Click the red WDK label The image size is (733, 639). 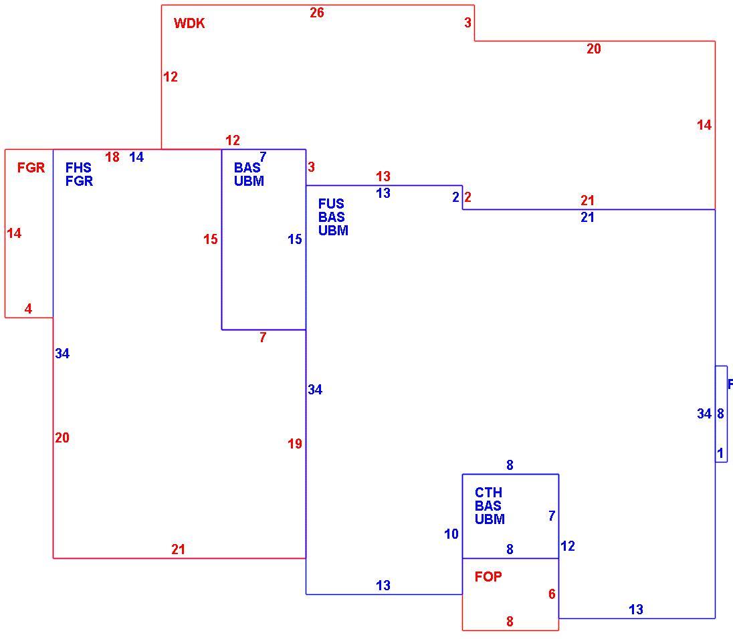click(189, 23)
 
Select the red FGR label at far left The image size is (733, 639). click(31, 168)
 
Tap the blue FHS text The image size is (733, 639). click(78, 168)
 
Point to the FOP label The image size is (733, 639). click(488, 577)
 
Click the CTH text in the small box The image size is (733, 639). click(488, 493)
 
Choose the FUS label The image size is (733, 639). click(331, 204)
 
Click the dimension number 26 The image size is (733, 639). click(317, 13)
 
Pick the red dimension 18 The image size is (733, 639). click(112, 158)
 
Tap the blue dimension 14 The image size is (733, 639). click(136, 158)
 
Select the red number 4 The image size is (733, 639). click(29, 309)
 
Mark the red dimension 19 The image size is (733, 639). click(295, 444)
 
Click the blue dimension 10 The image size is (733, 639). click(451, 534)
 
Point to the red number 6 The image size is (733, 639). click(552, 594)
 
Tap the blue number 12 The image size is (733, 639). click(568, 546)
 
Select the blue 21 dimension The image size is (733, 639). click(588, 217)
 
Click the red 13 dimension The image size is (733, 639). click(383, 176)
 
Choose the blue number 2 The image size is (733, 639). click(456, 197)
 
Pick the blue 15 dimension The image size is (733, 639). click(295, 239)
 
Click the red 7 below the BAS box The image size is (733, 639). click(264, 338)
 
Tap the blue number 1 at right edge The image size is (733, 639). click(720, 453)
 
